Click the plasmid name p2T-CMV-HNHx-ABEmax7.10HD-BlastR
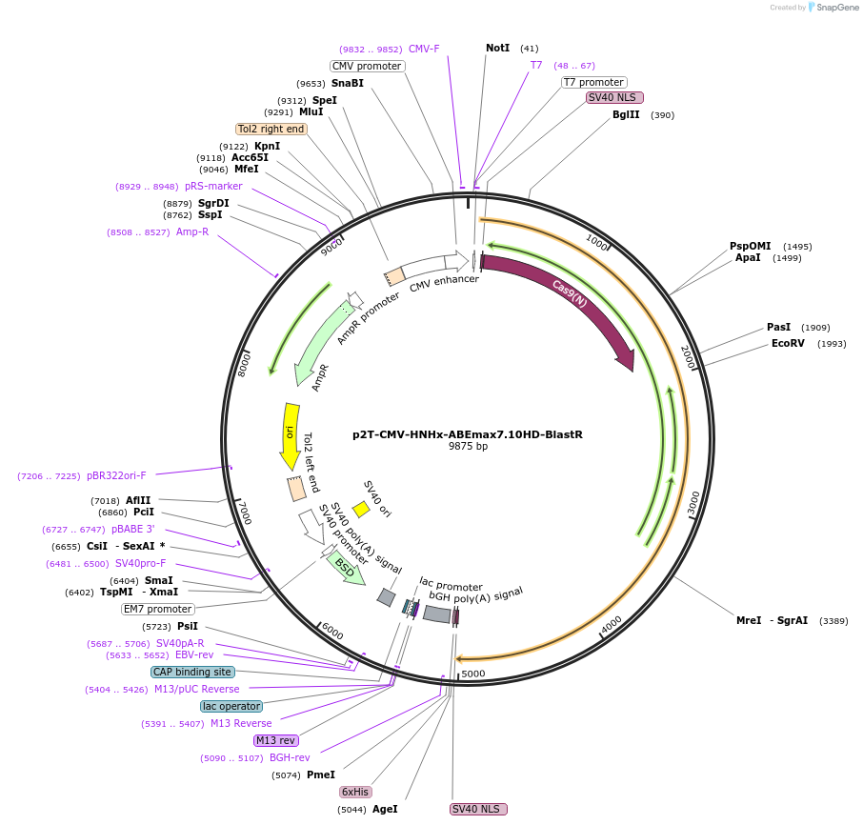467,434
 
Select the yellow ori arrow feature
291,434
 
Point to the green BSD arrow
345,569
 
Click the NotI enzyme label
497,48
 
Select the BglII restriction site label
626,115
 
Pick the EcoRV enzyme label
789,344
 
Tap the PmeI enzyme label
320,775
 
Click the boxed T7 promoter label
594,82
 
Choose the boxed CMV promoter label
367,66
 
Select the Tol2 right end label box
271,129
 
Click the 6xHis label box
355,792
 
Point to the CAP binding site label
191,672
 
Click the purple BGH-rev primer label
290,757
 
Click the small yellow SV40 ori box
361,510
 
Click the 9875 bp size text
468,446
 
